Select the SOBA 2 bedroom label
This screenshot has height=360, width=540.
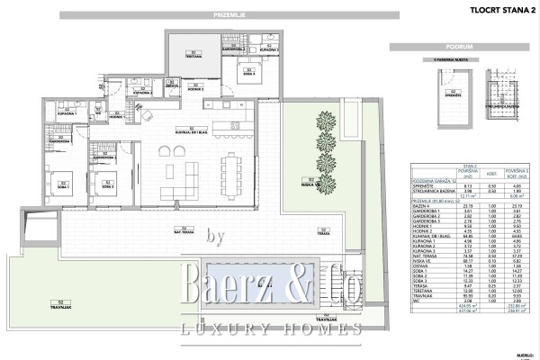tap(105, 184)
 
